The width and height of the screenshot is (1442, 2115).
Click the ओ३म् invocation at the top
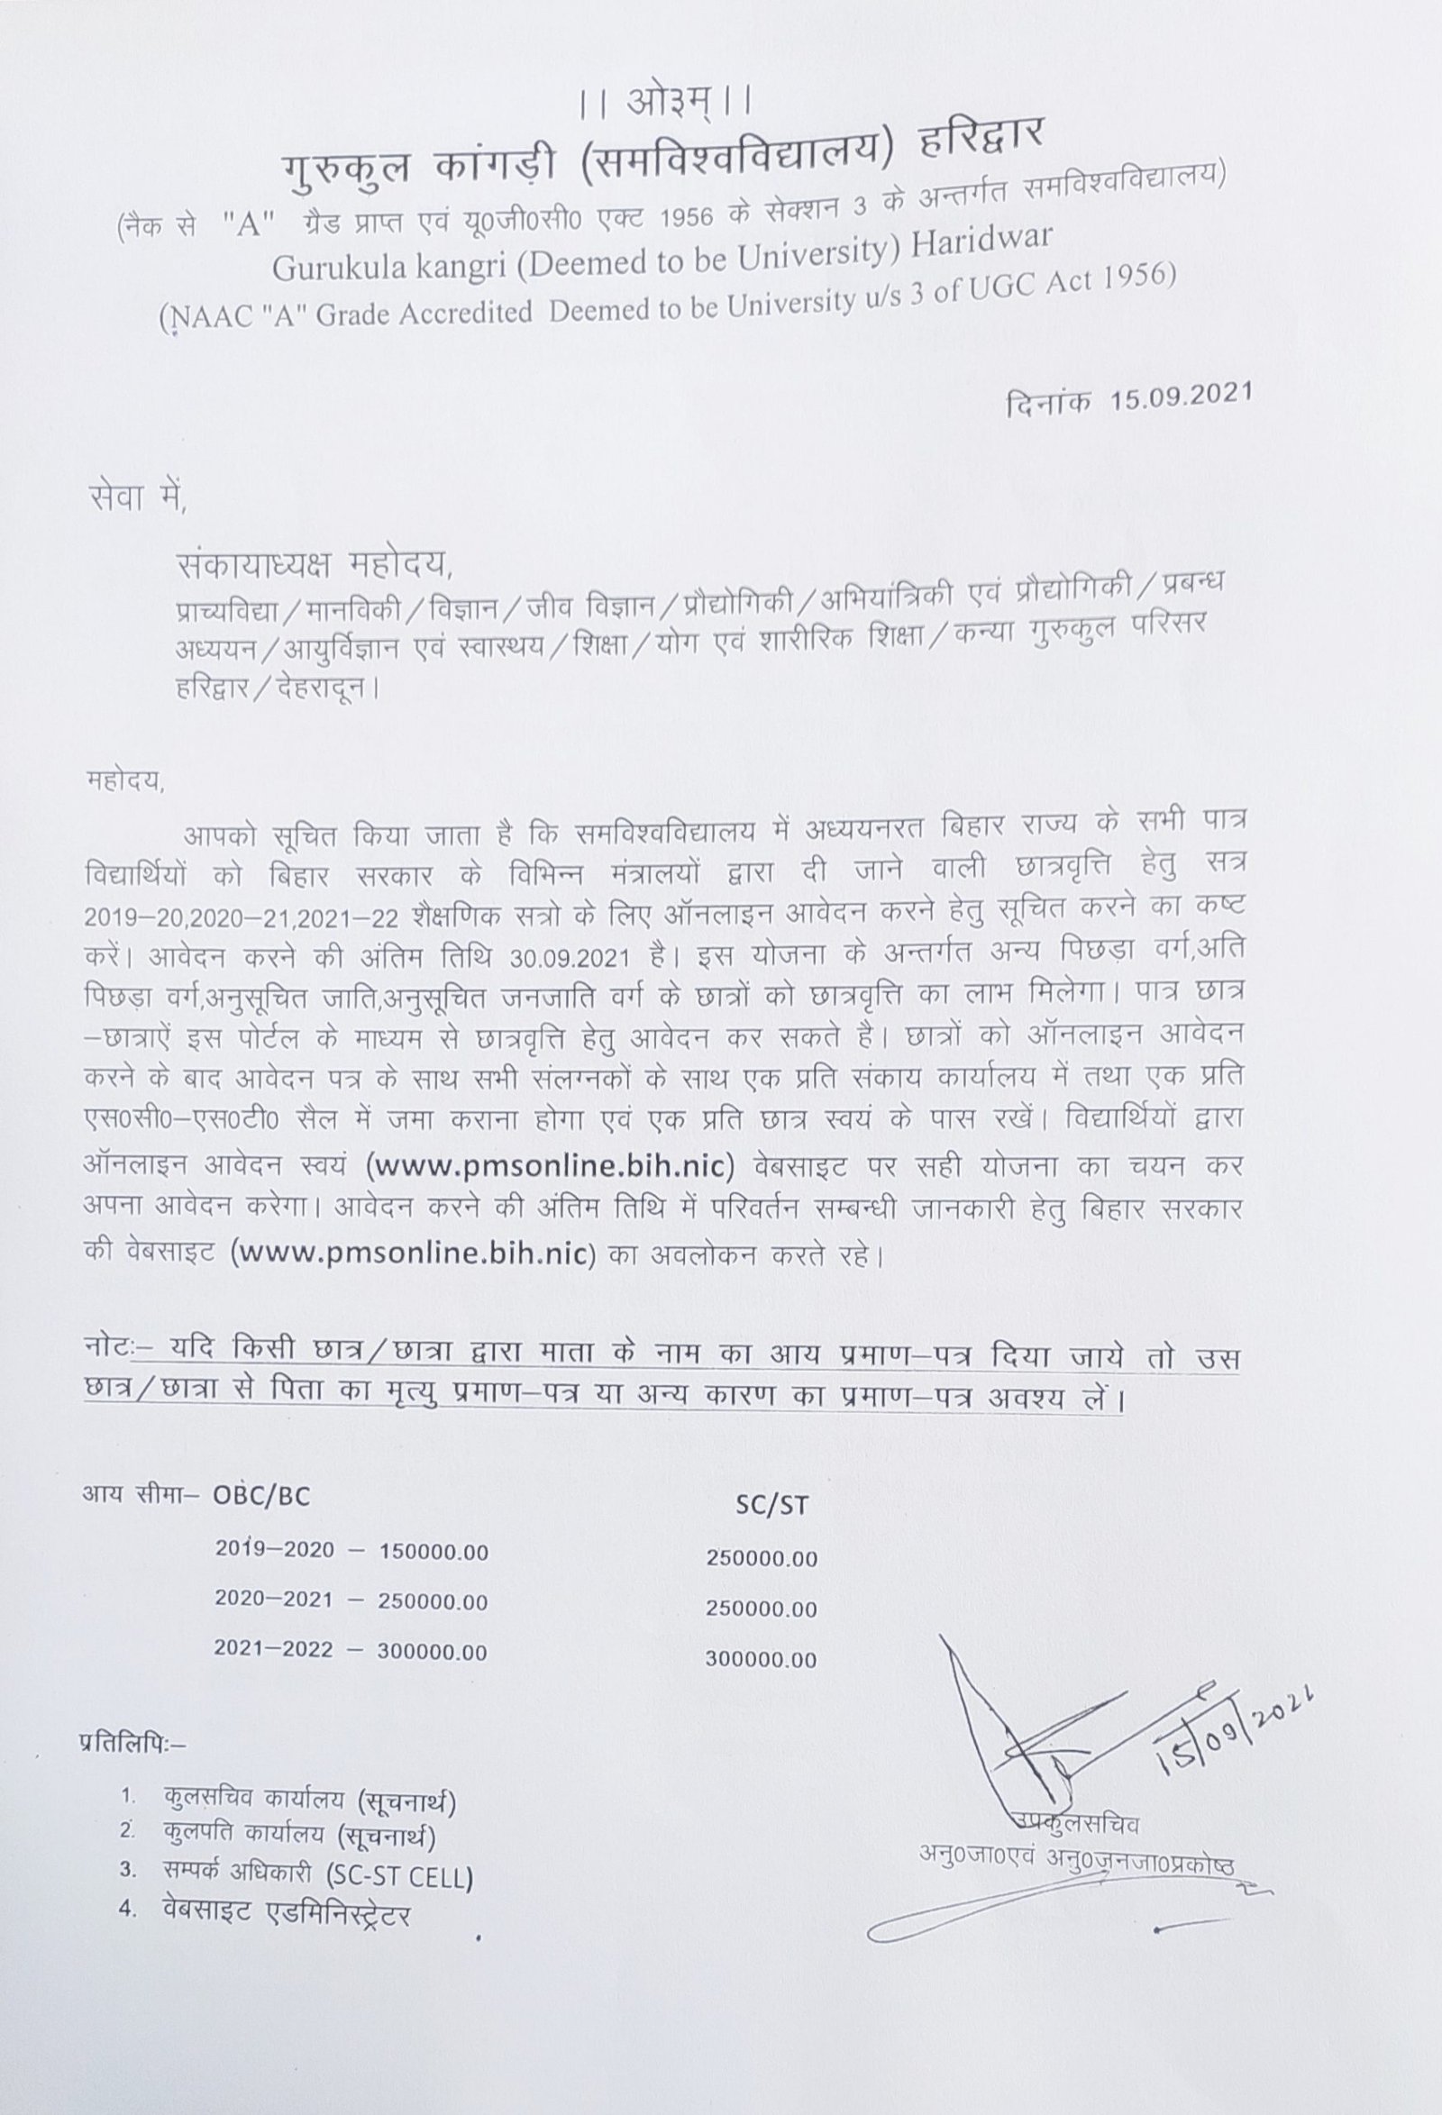tap(664, 103)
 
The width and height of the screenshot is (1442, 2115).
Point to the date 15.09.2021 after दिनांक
tap(1181, 397)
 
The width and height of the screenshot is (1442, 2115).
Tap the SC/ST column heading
tap(771, 1505)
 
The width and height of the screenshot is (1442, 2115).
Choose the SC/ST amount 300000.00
tap(761, 1659)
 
